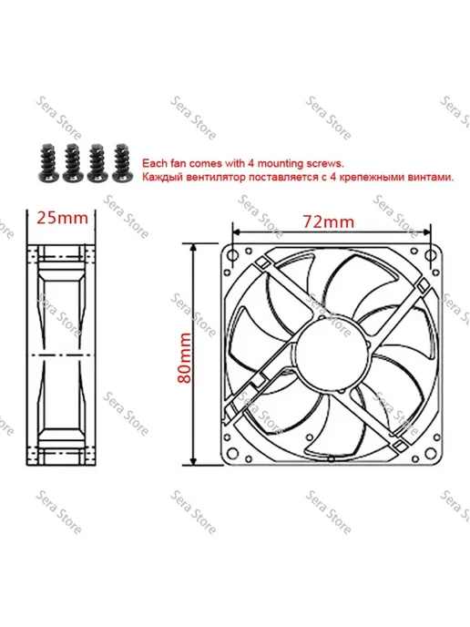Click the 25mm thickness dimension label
point(62,218)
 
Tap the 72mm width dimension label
point(328,221)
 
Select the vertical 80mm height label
point(185,357)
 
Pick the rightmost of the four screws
point(122,162)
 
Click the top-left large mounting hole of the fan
point(232,254)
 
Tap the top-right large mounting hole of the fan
point(430,255)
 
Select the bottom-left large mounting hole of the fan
point(232,453)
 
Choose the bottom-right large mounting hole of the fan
point(430,453)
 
